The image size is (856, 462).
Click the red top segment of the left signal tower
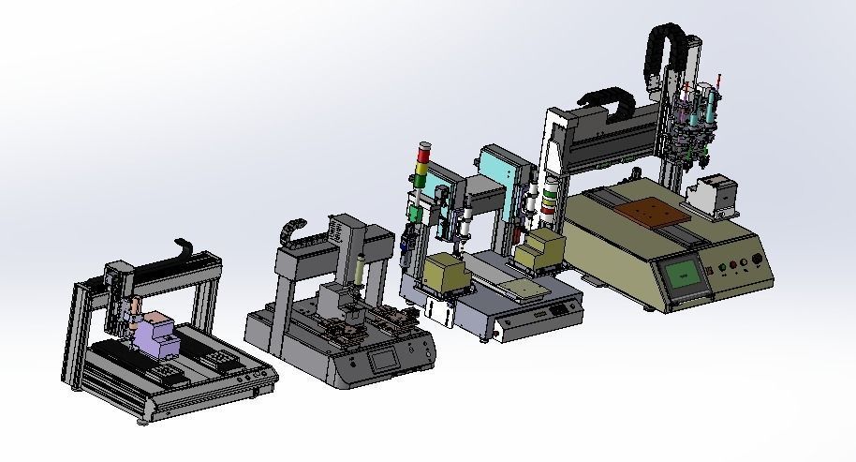[x=424, y=150]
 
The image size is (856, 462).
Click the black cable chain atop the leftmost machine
[x=187, y=250]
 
